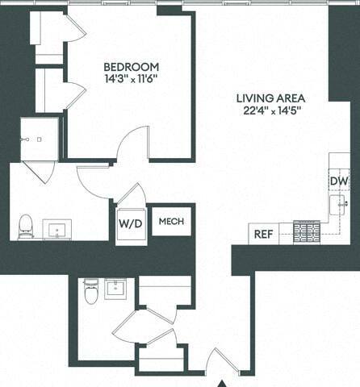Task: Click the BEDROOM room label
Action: click(x=131, y=66)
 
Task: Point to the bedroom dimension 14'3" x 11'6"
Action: click(x=131, y=80)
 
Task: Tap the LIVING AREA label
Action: click(x=270, y=98)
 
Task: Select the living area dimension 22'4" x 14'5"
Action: click(x=270, y=112)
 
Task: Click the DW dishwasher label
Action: click(x=338, y=181)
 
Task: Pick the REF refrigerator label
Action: click(x=263, y=234)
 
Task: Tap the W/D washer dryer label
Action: click(x=130, y=223)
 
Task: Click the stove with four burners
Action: click(x=306, y=231)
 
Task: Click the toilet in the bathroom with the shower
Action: click(x=26, y=227)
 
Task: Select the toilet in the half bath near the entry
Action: click(x=90, y=292)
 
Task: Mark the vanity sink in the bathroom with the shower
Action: click(x=59, y=231)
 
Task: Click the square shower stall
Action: click(x=39, y=139)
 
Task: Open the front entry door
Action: click(x=220, y=360)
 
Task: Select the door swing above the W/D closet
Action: click(x=131, y=196)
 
